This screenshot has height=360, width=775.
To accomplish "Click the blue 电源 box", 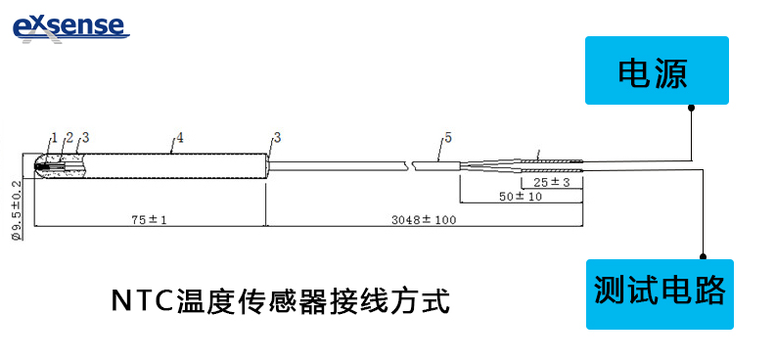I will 657,70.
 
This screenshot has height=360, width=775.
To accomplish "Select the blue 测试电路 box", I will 659,292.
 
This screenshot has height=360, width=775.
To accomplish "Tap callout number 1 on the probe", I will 55,136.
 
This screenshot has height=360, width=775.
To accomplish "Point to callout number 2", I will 69,136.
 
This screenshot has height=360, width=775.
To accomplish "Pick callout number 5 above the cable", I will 447,137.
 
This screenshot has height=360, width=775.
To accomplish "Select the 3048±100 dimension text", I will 423,221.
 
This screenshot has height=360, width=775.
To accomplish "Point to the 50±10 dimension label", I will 522,197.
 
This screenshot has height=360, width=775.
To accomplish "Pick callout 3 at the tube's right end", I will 277,137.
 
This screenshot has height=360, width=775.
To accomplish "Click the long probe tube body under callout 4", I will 176,165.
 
